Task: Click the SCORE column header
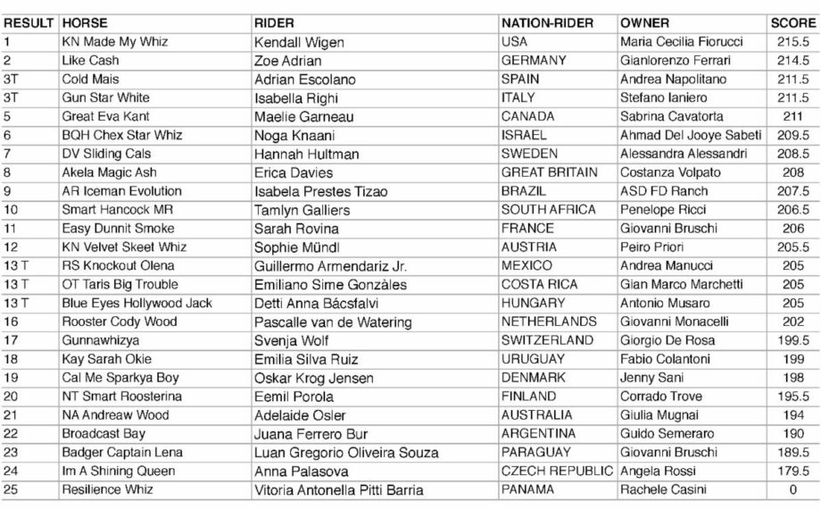point(792,22)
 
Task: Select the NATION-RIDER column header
point(555,22)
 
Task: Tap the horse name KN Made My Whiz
point(115,41)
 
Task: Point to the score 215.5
point(792,41)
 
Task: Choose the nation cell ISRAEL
point(527,135)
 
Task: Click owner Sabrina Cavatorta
point(673,116)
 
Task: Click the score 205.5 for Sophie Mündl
point(792,247)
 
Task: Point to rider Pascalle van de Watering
point(333,322)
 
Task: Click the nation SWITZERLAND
point(547,340)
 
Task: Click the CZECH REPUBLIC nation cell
point(557,471)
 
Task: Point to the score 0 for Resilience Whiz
point(792,489)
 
